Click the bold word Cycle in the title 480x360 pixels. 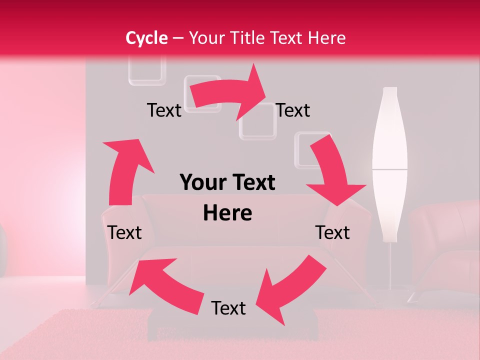point(146,38)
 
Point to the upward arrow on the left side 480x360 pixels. point(125,170)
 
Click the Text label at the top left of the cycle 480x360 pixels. point(164,110)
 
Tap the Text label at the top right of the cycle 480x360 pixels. point(293,110)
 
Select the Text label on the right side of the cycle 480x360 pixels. point(332,232)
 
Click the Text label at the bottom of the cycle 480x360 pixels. point(228,308)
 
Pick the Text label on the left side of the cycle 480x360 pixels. point(124,232)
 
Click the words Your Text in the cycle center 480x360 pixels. point(227,183)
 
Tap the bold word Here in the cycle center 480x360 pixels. point(227,213)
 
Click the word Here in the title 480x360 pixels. point(327,38)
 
